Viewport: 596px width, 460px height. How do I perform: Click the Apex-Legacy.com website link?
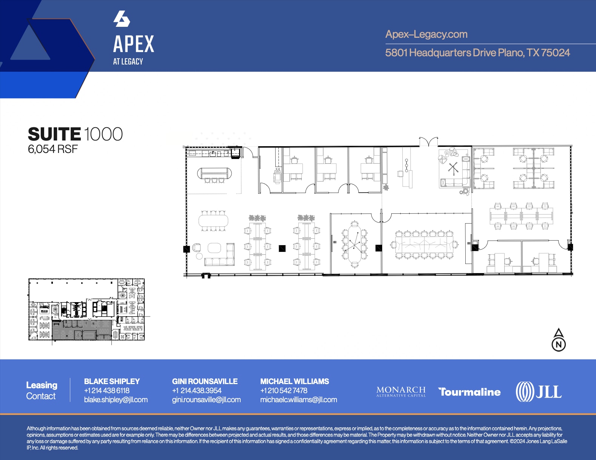click(x=426, y=34)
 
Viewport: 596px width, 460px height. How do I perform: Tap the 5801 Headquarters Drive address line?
click(x=477, y=52)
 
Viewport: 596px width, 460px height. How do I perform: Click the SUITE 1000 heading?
click(x=75, y=134)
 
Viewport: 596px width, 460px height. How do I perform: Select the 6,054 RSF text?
click(x=52, y=149)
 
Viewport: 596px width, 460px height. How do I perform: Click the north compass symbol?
click(x=559, y=340)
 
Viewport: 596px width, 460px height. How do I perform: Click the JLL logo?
click(x=539, y=392)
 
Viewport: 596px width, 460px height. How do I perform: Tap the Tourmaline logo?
click(x=469, y=392)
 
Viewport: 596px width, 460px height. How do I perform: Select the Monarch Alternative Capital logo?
click(x=401, y=391)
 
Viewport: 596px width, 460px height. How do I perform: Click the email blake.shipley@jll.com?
click(x=116, y=400)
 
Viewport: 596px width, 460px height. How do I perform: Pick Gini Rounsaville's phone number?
click(x=197, y=391)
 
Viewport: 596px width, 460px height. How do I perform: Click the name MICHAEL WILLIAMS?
click(x=294, y=381)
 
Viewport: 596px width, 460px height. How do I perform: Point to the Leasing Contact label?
click(x=41, y=391)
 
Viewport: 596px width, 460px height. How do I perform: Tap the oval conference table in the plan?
click(x=354, y=245)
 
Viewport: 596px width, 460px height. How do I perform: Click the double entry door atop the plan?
click(x=428, y=142)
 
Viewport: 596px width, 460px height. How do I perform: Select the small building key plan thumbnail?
click(x=86, y=310)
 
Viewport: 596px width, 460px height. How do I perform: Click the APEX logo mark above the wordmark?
click(x=122, y=19)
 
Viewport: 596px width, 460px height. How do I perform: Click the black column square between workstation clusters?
click(x=282, y=248)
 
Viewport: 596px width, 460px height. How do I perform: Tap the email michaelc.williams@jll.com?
click(x=298, y=400)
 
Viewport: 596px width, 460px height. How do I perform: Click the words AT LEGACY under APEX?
click(x=128, y=62)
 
